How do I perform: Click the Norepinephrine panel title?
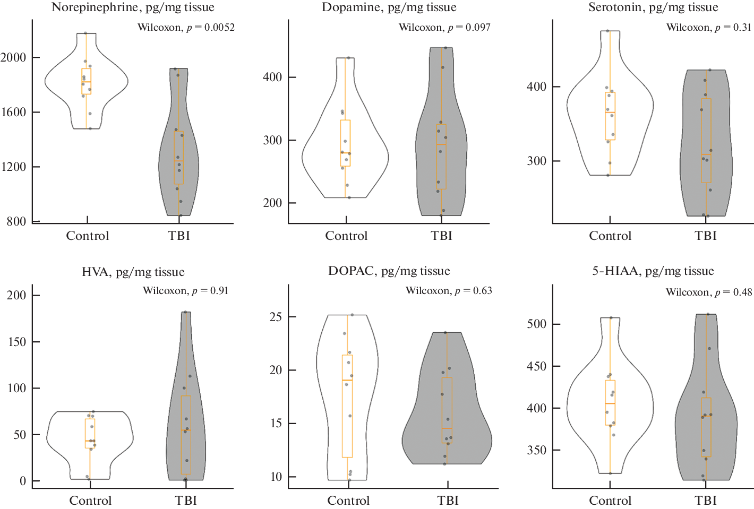tap(133, 7)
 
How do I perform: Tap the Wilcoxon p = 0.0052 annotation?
tap(186, 28)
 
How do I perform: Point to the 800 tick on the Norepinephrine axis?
tap(16, 221)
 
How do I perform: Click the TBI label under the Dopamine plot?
tap(441, 236)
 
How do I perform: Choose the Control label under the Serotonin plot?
tap(610, 236)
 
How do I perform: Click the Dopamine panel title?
tap(389, 7)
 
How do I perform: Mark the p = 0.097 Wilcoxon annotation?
tap(444, 28)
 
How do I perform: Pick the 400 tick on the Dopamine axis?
tap(272, 77)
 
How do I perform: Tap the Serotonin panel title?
tap(653, 7)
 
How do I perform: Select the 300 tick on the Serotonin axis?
tap(536, 161)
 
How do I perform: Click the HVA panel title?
tap(133, 272)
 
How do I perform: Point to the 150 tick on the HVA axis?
tap(16, 342)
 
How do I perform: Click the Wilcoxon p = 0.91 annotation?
tap(185, 291)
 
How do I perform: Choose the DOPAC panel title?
tap(389, 271)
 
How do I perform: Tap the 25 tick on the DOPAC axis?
tap(276, 317)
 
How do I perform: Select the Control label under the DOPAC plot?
tap(348, 501)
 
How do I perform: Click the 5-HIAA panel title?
tap(653, 271)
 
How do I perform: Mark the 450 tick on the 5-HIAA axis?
tap(536, 366)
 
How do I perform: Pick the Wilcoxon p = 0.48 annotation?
tap(709, 292)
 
